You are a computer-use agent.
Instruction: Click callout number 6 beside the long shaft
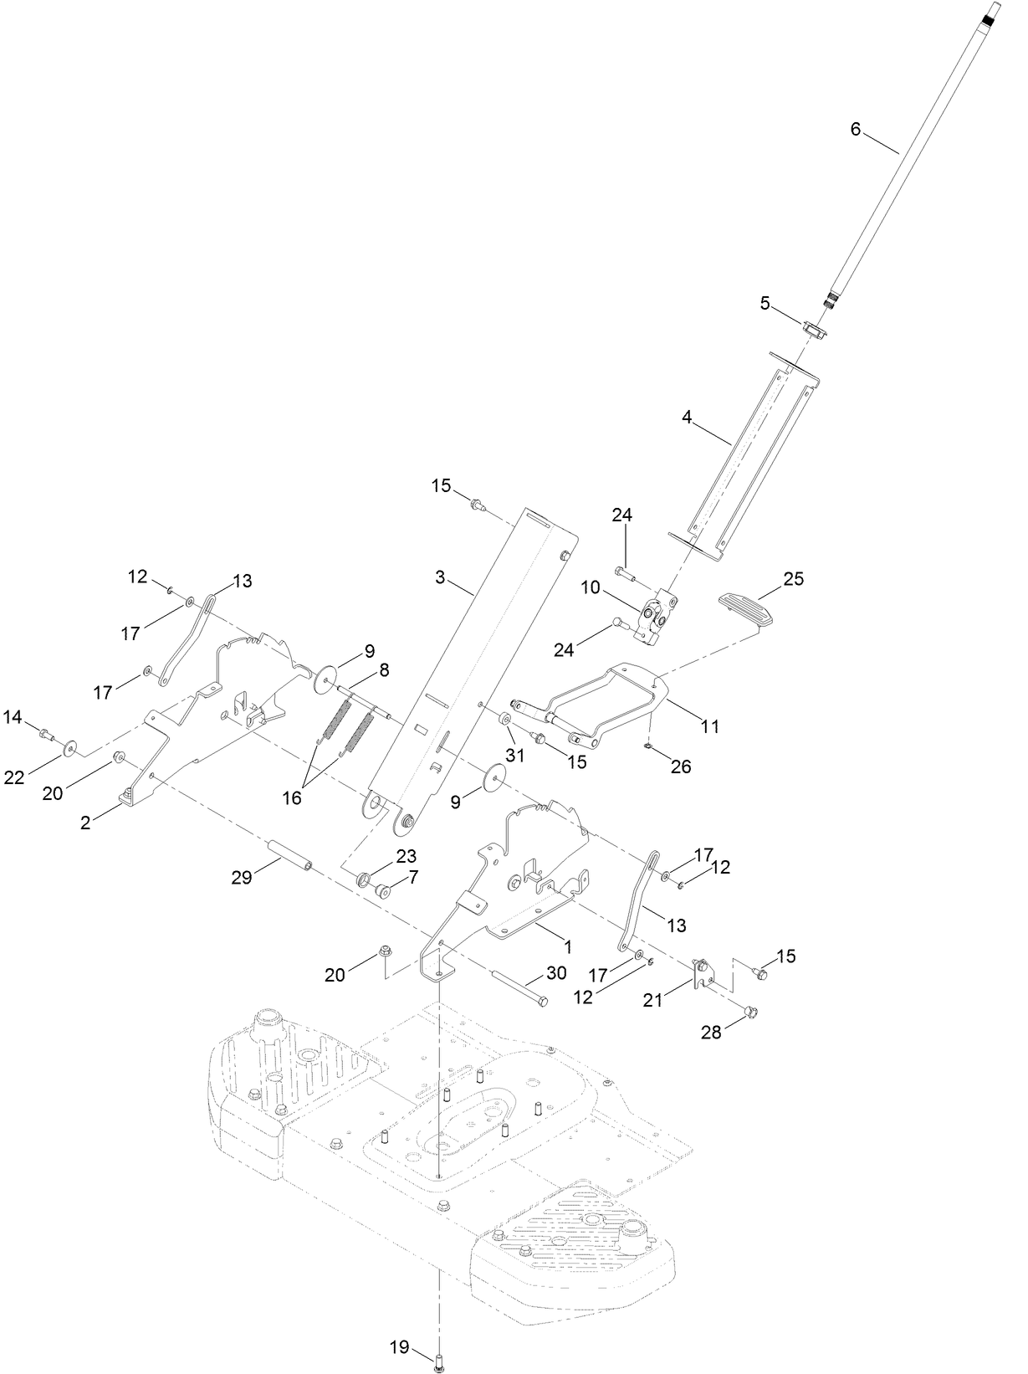855,129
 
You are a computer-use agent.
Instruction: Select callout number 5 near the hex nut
765,303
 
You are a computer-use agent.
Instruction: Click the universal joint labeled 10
662,617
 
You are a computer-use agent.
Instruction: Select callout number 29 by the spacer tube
241,877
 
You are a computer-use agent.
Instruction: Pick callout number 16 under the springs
291,797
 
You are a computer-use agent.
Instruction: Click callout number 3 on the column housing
441,577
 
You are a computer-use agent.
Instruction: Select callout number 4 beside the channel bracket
687,418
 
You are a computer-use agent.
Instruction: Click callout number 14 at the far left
13,715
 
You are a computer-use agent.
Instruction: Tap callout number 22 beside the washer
14,777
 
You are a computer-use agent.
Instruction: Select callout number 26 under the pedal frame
681,766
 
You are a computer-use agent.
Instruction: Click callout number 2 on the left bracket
85,822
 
